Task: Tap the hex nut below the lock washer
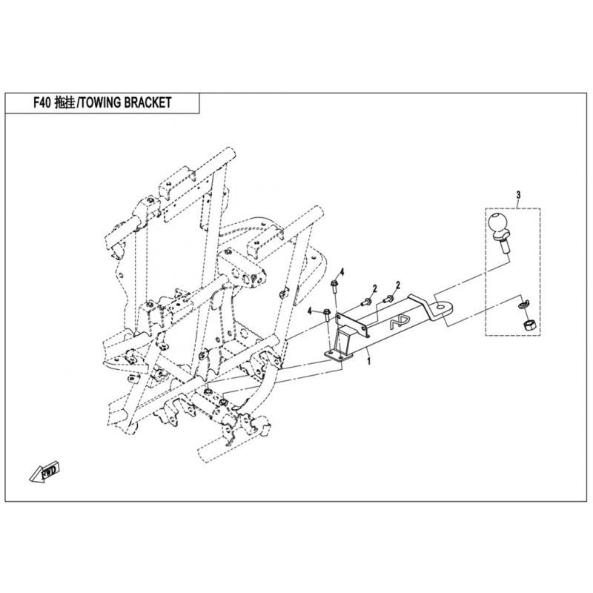coord(528,325)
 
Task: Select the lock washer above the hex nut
coord(523,305)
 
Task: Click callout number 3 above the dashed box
coord(518,195)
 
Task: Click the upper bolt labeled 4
coord(334,288)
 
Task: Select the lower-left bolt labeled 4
coord(328,317)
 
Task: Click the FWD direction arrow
coord(44,471)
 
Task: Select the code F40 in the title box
coord(42,102)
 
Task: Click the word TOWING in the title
coord(100,102)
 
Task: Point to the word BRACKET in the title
coord(148,102)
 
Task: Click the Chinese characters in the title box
coord(64,102)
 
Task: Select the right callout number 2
coord(398,285)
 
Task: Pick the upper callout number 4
coord(342,271)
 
